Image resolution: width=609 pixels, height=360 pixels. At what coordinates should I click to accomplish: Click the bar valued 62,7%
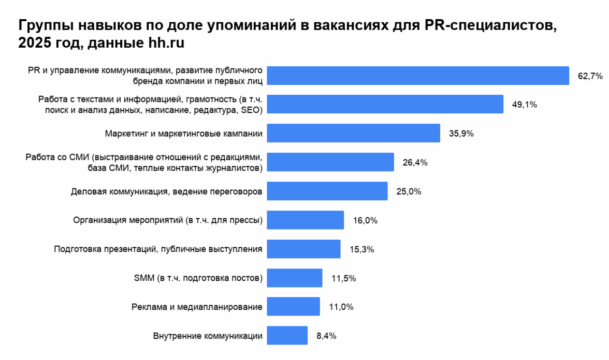pos(418,76)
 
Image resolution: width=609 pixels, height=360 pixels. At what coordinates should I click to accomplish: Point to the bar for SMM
pos(295,278)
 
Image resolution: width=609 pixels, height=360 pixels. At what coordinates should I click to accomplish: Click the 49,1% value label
pos(525,105)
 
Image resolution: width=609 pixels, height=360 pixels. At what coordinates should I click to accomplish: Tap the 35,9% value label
pos(461,133)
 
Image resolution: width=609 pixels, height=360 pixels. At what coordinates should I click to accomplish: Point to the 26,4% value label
pos(415,163)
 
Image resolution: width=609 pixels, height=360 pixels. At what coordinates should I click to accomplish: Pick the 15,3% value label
pos(361,249)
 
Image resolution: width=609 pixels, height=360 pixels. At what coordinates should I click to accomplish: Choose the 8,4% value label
pos(326,336)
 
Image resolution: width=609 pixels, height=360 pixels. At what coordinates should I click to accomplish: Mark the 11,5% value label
pos(343,278)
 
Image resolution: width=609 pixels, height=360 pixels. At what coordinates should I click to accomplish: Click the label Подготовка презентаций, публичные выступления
pos(158,249)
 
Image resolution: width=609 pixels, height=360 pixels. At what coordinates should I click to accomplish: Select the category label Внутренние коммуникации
pos(208,336)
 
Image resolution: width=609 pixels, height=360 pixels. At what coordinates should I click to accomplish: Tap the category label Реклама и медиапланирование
pos(197,307)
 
